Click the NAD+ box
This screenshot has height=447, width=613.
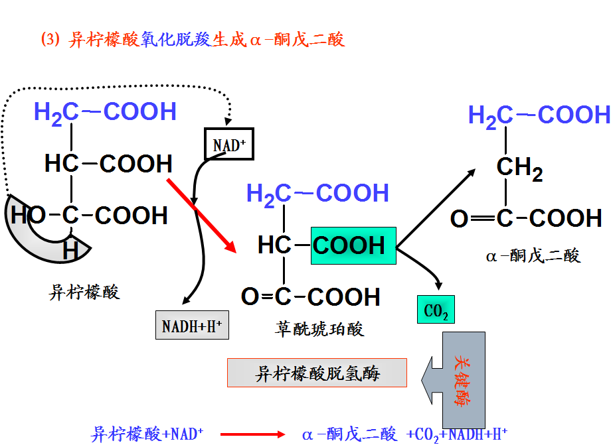(x=228, y=144)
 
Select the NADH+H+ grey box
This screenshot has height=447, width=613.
(x=192, y=325)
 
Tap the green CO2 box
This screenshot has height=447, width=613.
(x=436, y=310)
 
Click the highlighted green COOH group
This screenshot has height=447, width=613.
(x=353, y=245)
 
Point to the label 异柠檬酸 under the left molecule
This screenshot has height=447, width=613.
(x=84, y=292)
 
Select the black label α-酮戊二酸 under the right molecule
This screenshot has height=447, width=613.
(x=533, y=255)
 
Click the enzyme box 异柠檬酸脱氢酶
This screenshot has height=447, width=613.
(x=317, y=373)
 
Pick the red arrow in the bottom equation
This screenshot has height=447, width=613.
(x=252, y=434)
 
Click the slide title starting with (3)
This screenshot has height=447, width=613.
(x=193, y=40)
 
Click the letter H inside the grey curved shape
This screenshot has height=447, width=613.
(x=70, y=251)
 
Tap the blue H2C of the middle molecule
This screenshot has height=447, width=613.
(x=268, y=194)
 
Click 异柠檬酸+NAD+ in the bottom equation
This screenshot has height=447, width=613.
(x=147, y=434)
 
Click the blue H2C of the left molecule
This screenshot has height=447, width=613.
(x=56, y=112)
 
